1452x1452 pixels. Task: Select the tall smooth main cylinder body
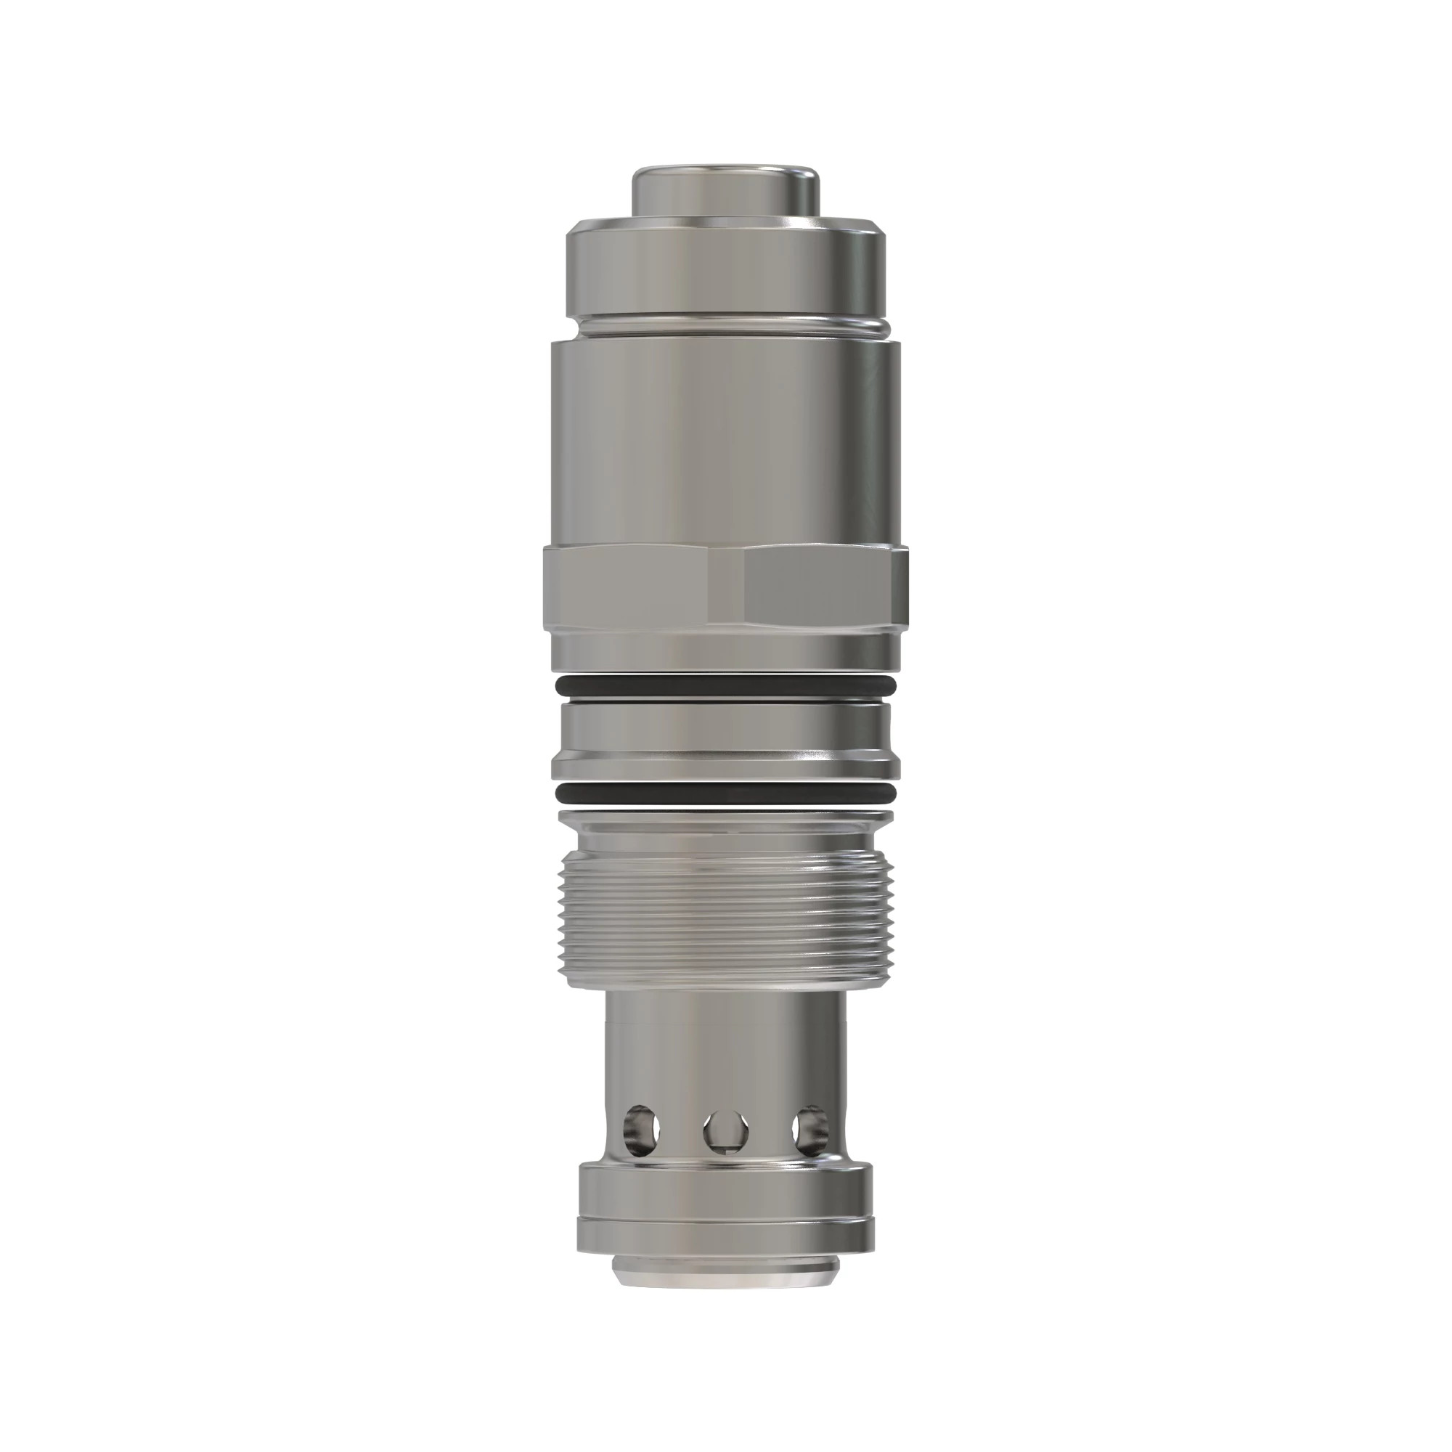(725, 444)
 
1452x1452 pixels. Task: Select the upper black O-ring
(725, 685)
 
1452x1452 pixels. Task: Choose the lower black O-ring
(725, 793)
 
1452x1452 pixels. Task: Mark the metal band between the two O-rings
(725, 741)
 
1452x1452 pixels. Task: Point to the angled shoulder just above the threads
(725, 834)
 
